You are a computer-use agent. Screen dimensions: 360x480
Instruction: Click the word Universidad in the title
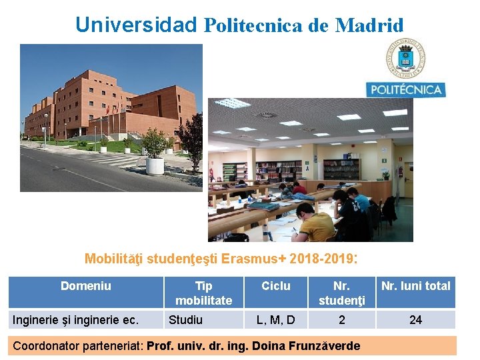(136, 25)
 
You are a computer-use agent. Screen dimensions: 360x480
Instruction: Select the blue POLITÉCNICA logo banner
(405, 89)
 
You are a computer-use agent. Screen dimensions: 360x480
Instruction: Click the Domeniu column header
(86, 286)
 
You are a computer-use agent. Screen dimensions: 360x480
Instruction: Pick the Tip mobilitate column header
(203, 293)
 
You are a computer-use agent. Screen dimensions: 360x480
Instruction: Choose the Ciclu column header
(275, 286)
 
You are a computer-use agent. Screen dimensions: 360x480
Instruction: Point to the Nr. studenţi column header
(341, 293)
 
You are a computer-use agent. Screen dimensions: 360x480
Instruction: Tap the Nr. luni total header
(415, 286)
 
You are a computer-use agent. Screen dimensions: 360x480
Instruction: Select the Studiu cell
(185, 320)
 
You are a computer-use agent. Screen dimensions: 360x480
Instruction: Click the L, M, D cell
(275, 320)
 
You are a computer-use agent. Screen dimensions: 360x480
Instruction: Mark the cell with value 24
(415, 320)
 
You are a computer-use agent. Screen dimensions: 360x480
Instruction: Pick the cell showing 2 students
(341, 320)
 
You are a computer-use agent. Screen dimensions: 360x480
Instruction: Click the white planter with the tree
(155, 164)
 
